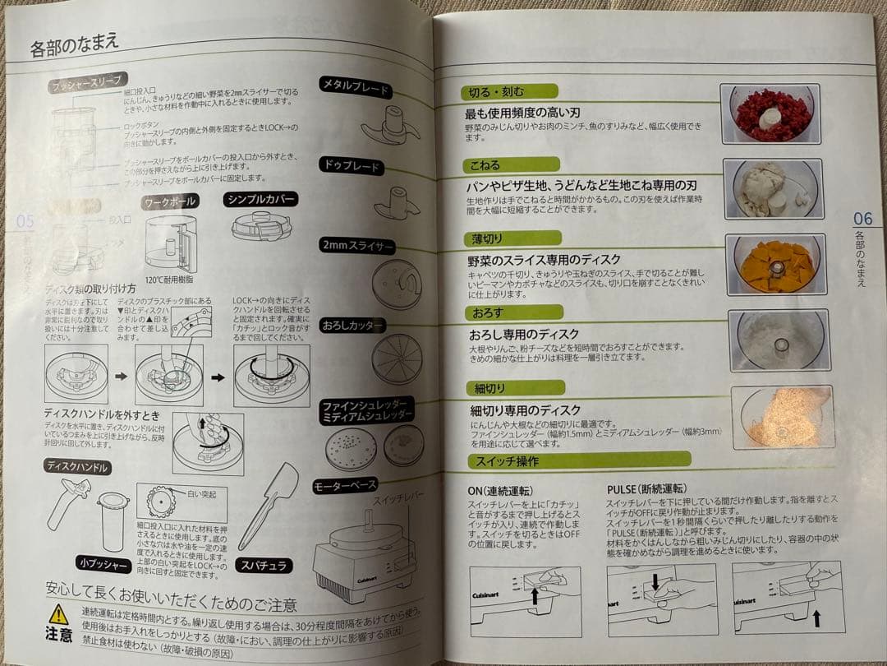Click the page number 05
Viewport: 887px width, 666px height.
point(25,220)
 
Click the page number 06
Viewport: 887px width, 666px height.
point(862,219)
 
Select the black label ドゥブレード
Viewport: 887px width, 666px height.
point(351,167)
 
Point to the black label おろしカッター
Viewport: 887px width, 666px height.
point(352,326)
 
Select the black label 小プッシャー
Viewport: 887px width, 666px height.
point(103,563)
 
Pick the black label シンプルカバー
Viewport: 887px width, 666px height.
point(260,199)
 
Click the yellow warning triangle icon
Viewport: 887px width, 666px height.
point(58,613)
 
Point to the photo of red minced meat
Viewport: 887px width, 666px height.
point(773,114)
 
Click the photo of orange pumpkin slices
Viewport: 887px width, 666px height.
point(774,264)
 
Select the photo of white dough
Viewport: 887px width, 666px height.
point(773,188)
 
